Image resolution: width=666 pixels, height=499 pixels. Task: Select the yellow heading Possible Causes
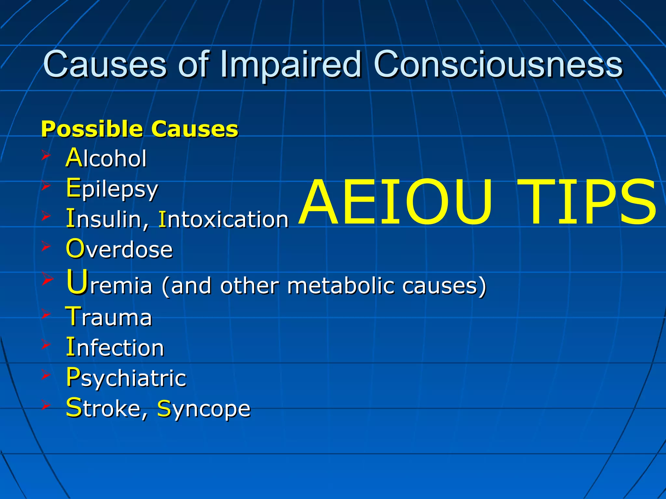140,129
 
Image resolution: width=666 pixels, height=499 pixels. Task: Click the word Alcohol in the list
106,158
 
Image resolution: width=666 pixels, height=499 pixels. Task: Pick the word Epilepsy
112,189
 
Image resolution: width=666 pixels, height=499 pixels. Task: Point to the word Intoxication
223,219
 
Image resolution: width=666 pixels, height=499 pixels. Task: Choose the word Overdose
119,249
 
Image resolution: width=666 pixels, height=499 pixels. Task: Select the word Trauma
109,317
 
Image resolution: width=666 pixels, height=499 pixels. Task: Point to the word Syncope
204,409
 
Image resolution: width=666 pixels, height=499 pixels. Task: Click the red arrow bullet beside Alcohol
46,156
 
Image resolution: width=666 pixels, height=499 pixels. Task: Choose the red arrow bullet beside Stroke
46,405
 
